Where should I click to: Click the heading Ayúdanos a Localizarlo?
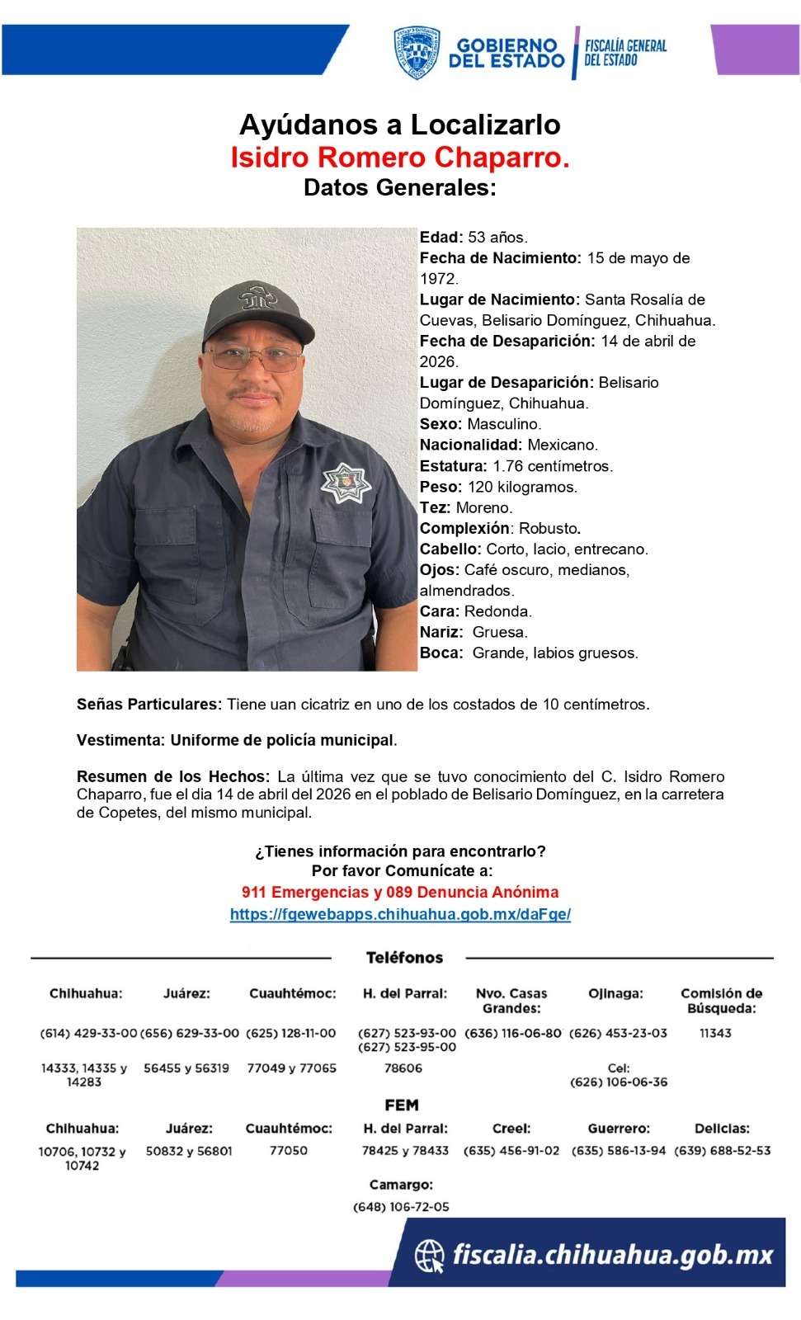400,125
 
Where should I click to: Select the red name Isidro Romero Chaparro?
400,157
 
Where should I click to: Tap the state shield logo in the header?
417,53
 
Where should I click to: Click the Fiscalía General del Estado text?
624,52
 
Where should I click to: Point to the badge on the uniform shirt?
346,483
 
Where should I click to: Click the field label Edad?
441,238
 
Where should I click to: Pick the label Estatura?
453,466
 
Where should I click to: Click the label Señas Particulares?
149,705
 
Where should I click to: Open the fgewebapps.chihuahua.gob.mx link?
400,914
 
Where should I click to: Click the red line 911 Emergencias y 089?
400,892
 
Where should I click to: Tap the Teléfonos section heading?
404,958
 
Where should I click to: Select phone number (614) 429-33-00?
88,1033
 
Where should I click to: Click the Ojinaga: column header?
615,993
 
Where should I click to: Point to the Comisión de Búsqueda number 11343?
715,1033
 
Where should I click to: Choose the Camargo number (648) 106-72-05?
401,1207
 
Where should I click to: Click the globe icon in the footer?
429,1256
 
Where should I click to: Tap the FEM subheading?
402,1105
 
